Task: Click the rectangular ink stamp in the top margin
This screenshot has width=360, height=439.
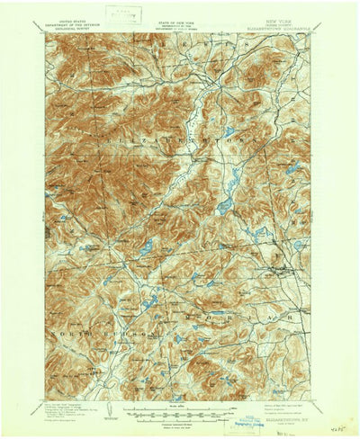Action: pyautogui.click(x=116, y=13)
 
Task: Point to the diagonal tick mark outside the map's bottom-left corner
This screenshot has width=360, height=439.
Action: pyautogui.click(x=41, y=403)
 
